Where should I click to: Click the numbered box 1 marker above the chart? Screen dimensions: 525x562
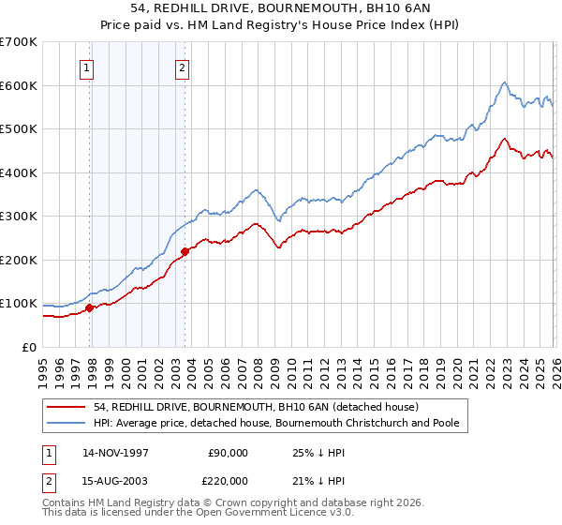[x=86, y=67]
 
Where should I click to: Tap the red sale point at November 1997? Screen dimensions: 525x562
[x=90, y=307]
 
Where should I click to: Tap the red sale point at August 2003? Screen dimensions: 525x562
[x=185, y=250]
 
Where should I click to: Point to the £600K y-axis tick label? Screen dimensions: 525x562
[x=19, y=85]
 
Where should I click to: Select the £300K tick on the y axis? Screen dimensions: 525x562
[x=19, y=216]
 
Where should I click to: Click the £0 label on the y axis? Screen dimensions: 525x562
[x=30, y=347]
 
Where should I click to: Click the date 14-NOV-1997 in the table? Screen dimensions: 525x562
[x=116, y=453]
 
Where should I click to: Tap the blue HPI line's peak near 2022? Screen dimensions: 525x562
[x=504, y=82]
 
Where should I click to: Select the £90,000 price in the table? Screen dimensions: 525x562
[x=228, y=453]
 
